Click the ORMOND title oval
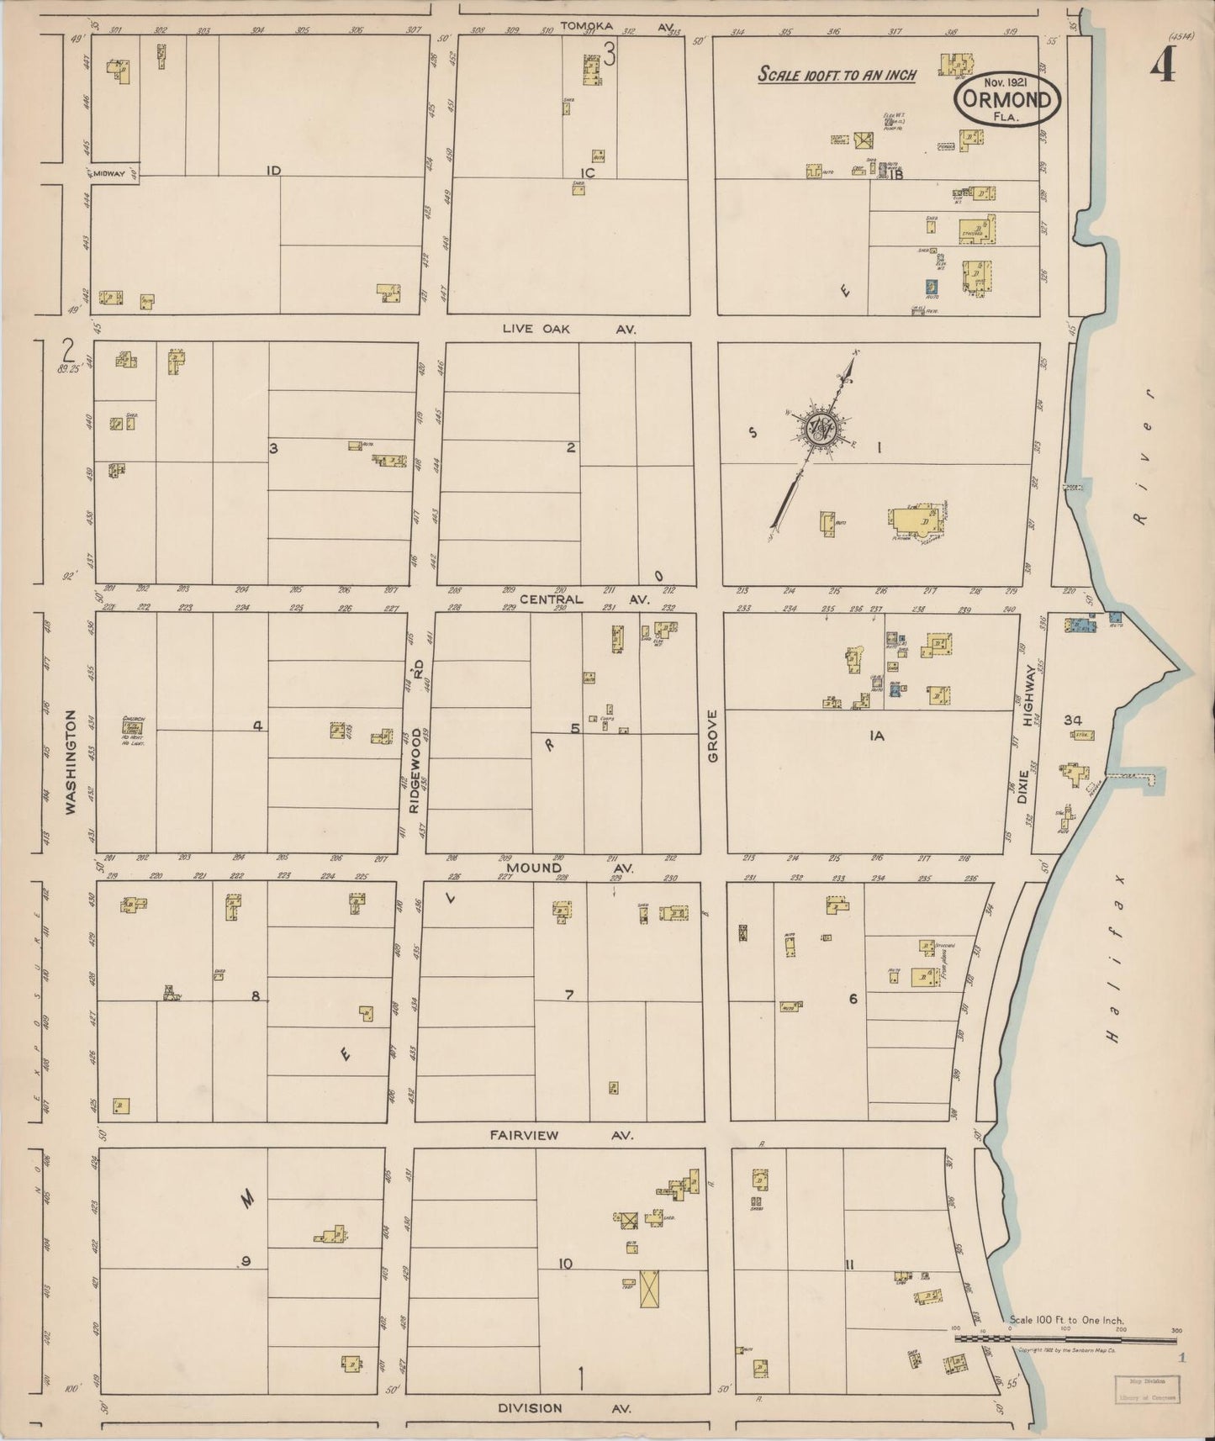tap(1006, 101)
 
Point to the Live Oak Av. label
tap(568, 330)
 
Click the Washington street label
tap(71, 762)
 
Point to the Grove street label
tap(713, 736)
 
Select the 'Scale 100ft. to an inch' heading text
tap(837, 74)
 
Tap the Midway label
tap(109, 173)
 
